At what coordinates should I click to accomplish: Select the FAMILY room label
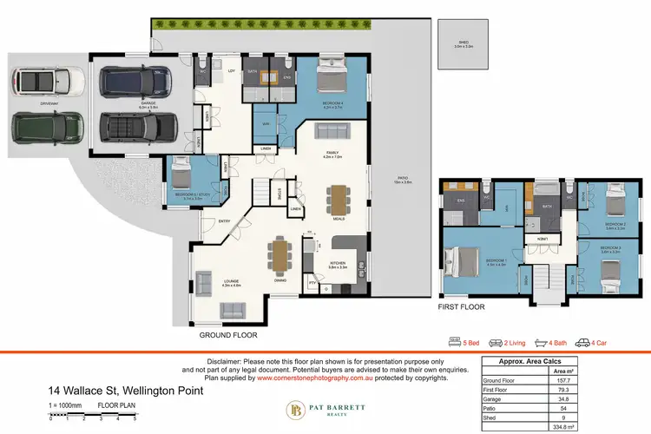click(x=333, y=155)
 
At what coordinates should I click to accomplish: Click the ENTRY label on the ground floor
click(x=201, y=221)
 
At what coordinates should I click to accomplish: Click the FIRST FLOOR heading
click(x=461, y=307)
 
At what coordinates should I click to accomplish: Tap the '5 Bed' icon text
click(x=474, y=342)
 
